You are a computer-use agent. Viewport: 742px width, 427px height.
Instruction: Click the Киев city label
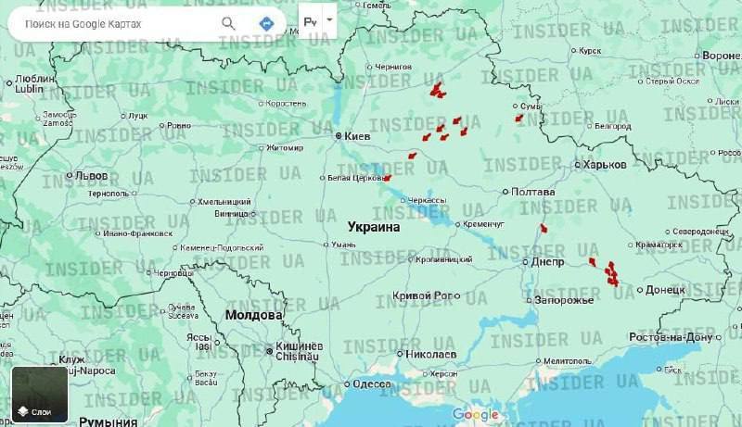[356, 136]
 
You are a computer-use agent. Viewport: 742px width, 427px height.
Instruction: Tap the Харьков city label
[604, 164]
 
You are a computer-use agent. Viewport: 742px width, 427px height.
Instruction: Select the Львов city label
[91, 175]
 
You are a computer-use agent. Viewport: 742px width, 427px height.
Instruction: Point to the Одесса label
[372, 383]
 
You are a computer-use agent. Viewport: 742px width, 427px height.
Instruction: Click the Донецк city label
[664, 290]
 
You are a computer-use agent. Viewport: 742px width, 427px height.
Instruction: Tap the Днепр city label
[548, 262]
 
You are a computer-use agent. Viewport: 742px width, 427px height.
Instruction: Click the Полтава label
[533, 192]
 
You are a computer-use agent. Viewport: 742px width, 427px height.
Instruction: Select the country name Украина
[374, 226]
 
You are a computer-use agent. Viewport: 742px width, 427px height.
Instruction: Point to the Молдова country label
[252, 315]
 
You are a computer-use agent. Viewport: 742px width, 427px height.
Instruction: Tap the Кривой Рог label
[422, 295]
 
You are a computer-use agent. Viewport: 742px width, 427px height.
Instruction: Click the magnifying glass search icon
[228, 22]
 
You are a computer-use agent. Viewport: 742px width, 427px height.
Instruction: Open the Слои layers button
[39, 395]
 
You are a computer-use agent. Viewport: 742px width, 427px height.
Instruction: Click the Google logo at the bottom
[476, 414]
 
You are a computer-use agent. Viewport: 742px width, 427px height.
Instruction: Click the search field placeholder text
[83, 23]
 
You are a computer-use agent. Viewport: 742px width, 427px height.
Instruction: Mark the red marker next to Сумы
[519, 118]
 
